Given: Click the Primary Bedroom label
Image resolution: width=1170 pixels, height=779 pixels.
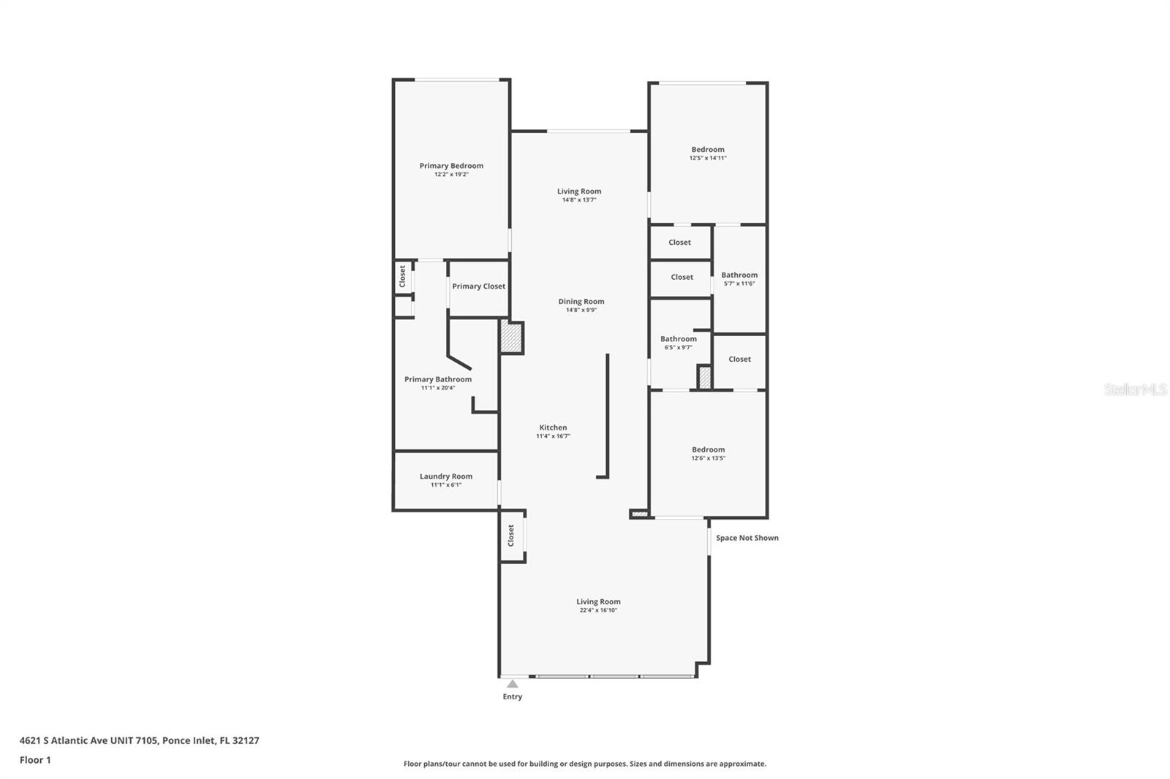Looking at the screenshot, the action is pyautogui.click(x=451, y=165).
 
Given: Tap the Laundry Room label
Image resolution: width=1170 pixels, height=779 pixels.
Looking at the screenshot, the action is pyautogui.click(x=446, y=476).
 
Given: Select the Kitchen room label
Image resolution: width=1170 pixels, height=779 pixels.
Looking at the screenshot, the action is pyautogui.click(x=553, y=427).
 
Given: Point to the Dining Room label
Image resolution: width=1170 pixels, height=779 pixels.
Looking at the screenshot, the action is pyautogui.click(x=581, y=301).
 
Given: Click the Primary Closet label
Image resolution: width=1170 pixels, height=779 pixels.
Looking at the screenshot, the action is pyautogui.click(x=478, y=286).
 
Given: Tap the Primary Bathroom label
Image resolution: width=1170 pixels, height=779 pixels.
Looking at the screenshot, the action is pyautogui.click(x=438, y=379).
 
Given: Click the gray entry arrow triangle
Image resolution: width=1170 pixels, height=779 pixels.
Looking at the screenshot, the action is pyautogui.click(x=513, y=684).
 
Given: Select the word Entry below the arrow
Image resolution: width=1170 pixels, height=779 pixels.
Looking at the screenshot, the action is pyautogui.click(x=513, y=696).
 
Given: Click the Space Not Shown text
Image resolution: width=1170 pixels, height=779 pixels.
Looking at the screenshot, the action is pyautogui.click(x=747, y=538).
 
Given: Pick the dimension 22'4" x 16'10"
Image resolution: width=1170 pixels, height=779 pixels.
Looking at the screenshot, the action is pyautogui.click(x=599, y=610).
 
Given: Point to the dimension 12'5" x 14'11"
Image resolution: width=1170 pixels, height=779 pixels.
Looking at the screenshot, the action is pyautogui.click(x=708, y=158).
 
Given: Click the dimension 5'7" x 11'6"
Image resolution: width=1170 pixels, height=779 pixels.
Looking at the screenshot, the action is pyautogui.click(x=739, y=284).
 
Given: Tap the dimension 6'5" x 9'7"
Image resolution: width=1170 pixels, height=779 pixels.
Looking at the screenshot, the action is pyautogui.click(x=679, y=347).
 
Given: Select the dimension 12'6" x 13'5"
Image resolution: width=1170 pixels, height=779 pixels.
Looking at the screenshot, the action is pyautogui.click(x=709, y=458).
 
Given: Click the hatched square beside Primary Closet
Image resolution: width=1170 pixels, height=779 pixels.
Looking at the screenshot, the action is pyautogui.click(x=511, y=338).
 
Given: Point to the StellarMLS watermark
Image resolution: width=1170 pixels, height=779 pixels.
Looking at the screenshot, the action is pyautogui.click(x=1136, y=389).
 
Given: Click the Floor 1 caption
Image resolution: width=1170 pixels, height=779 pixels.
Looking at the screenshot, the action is pyautogui.click(x=35, y=760).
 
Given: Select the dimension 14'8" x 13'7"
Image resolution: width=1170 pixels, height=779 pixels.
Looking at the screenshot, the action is pyautogui.click(x=579, y=200).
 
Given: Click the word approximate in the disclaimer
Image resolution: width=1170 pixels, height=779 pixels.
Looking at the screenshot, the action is pyautogui.click(x=743, y=764).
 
